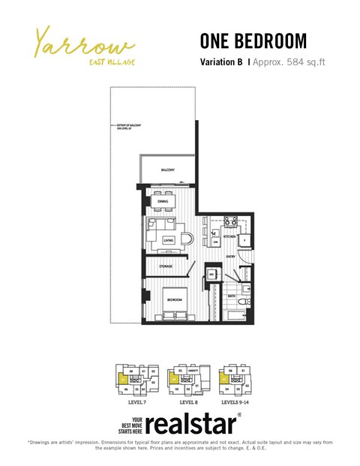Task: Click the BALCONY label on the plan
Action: (167, 170)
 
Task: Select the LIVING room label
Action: (168, 240)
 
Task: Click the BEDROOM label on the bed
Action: (173, 299)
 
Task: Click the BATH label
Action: (232, 296)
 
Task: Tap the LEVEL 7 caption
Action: (133, 402)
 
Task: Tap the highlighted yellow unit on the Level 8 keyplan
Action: (175, 380)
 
